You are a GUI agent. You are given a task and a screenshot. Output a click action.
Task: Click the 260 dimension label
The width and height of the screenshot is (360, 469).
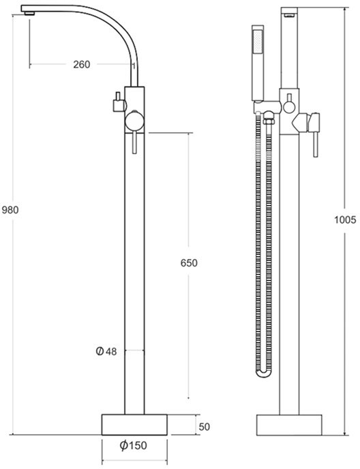tap(81, 65)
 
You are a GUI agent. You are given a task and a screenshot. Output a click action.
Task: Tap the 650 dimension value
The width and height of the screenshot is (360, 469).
tap(188, 263)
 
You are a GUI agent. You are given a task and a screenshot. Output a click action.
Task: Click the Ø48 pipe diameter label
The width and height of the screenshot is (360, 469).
tap(106, 351)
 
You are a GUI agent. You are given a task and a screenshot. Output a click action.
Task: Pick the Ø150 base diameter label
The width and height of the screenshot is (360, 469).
tap(134, 445)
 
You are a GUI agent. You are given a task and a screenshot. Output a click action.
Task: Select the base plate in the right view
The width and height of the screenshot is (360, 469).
tap(290, 424)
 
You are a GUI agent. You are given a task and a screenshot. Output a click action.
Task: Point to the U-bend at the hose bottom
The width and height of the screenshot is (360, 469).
tap(263, 372)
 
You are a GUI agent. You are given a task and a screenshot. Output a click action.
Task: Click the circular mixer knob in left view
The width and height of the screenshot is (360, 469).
tap(133, 123)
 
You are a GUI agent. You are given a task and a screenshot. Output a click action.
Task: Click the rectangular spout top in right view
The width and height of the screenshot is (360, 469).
tap(290, 12)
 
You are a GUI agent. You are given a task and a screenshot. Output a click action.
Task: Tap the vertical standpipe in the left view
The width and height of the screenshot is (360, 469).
tap(134, 273)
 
